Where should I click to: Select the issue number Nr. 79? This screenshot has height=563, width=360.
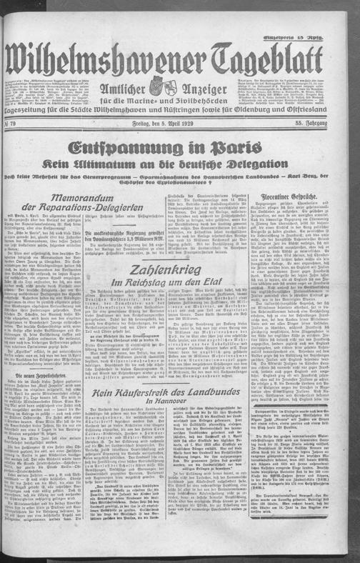15,106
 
